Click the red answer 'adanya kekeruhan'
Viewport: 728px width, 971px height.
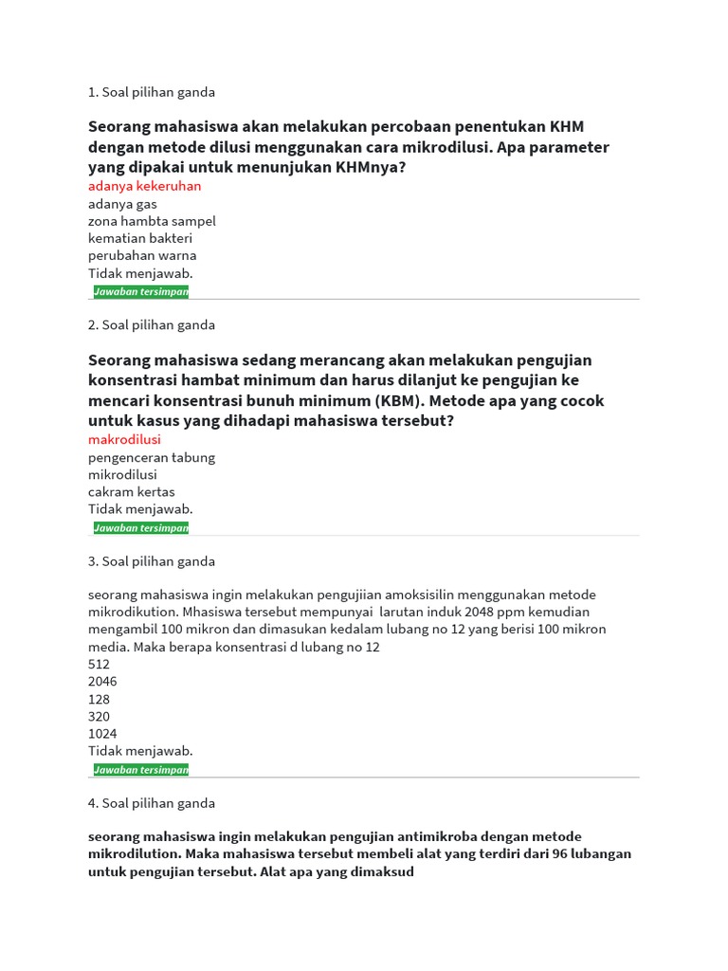pyautogui.click(x=144, y=186)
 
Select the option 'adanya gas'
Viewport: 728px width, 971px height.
pyautogui.click(x=122, y=204)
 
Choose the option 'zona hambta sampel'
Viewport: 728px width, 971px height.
pyautogui.click(x=152, y=221)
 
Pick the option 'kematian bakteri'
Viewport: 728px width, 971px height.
pyautogui.click(x=140, y=238)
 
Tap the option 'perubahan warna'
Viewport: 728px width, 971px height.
pyautogui.click(x=142, y=255)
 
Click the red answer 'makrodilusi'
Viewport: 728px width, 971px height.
pyautogui.click(x=124, y=440)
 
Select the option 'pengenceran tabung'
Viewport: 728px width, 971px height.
pyautogui.click(x=152, y=457)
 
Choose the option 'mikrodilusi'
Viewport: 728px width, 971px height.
pyautogui.click(x=122, y=474)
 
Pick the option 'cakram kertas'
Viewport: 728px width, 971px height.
pyautogui.click(x=131, y=492)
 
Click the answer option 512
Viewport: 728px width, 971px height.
pyautogui.click(x=99, y=665)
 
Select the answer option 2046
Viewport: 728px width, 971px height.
pyautogui.click(x=102, y=682)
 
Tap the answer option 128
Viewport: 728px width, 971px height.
pyautogui.click(x=99, y=699)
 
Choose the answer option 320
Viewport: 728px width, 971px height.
pyautogui.click(x=99, y=716)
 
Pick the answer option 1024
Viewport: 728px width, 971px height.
pyautogui.click(x=102, y=734)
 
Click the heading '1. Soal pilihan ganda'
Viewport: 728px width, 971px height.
pyautogui.click(x=152, y=92)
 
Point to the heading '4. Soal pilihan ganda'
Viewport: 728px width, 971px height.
pyautogui.click(x=152, y=803)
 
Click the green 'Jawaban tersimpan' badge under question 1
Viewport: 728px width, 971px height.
pyautogui.click(x=141, y=292)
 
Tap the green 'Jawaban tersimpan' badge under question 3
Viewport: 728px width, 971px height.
pyautogui.click(x=141, y=770)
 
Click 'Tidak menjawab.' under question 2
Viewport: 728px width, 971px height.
pyautogui.click(x=140, y=509)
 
